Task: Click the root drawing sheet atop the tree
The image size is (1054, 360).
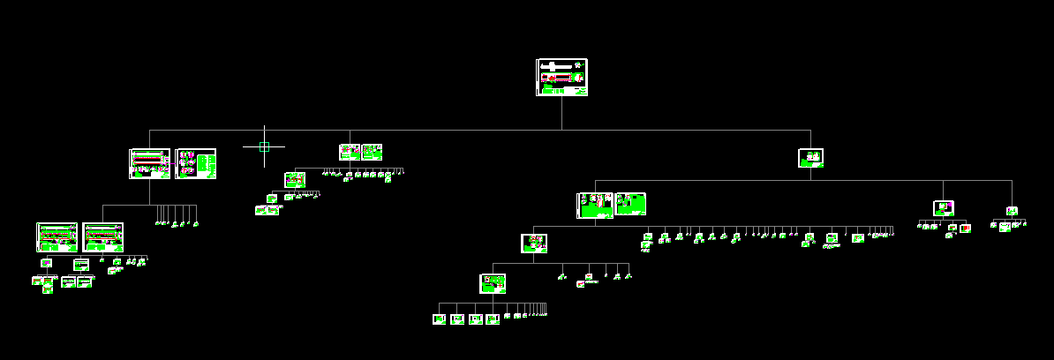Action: [561, 78]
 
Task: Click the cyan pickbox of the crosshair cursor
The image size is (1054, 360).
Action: [264, 146]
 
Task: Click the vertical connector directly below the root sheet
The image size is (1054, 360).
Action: [561, 113]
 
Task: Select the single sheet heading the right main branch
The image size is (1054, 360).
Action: [810, 158]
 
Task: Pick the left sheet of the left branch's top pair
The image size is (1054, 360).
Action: [150, 163]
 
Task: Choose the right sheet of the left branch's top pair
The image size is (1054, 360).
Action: [196, 163]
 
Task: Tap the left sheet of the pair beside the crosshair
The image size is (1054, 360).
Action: [350, 152]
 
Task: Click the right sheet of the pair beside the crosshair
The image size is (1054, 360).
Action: [372, 152]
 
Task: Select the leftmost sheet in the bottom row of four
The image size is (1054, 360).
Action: [439, 319]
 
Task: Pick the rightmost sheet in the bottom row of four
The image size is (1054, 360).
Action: [493, 319]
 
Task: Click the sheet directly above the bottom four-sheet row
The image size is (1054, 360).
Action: [493, 283]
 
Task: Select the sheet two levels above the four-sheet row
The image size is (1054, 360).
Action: [533, 243]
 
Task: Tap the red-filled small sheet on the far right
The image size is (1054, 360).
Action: [965, 229]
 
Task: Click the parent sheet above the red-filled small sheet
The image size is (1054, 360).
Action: [943, 208]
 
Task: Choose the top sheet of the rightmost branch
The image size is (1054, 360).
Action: [1012, 211]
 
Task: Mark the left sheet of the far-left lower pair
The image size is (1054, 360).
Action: [56, 236]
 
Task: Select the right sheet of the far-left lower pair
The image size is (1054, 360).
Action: [102, 236]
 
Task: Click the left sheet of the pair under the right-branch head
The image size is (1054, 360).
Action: [595, 205]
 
